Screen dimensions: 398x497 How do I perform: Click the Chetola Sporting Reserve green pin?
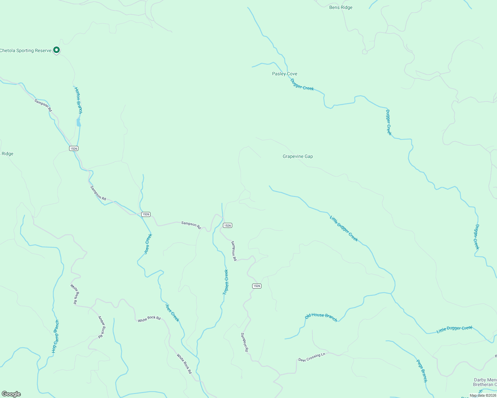coord(56,50)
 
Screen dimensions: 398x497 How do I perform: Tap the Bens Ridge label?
coord(341,8)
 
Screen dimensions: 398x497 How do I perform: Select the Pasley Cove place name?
coord(284,74)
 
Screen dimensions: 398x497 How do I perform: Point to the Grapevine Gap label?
coord(298,156)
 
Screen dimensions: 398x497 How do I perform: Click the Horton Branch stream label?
coord(78,100)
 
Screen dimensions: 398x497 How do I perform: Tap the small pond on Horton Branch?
coord(78,122)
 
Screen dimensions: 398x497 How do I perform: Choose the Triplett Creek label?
coord(226,282)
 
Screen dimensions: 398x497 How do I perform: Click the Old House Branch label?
coord(321,317)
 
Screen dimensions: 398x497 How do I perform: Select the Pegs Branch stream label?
coord(422,371)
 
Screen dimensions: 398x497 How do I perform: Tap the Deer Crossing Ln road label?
coord(311,357)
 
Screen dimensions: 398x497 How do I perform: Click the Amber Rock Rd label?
coord(101,327)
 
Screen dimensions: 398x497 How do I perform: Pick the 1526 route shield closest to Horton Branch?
coord(74,148)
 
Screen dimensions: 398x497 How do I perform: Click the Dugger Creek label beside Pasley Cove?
coord(302,84)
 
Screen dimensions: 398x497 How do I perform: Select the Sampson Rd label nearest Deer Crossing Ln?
coord(245,342)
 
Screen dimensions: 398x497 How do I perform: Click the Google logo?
coord(11,394)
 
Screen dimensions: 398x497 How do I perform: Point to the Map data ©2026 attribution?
coord(483,395)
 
